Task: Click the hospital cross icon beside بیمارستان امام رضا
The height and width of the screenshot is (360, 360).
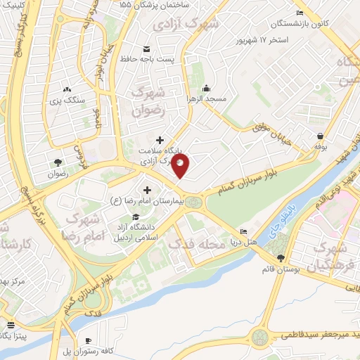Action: click(x=148, y=190)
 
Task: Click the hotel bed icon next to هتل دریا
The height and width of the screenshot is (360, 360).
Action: click(x=243, y=232)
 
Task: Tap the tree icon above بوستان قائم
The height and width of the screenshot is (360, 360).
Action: click(x=281, y=258)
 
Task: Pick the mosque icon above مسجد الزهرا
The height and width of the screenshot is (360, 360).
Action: click(x=206, y=89)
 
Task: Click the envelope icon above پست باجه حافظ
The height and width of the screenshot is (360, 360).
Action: click(x=146, y=49)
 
